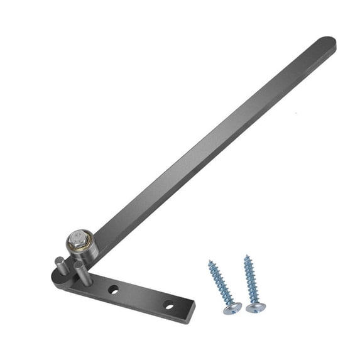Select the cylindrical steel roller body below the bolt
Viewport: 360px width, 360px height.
click(82, 253)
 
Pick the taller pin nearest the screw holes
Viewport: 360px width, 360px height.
click(80, 274)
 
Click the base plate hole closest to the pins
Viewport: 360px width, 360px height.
click(114, 290)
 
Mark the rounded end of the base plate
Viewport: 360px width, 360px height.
click(57, 277)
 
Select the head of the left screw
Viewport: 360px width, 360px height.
click(233, 308)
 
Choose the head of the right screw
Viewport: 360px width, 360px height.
click(254, 308)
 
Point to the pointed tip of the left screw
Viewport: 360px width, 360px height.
click(210, 262)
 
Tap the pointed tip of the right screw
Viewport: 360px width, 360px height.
click(246, 256)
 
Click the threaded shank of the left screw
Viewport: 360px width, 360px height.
click(221, 284)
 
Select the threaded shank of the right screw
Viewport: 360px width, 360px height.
click(250, 281)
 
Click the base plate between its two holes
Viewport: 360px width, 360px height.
click(141, 297)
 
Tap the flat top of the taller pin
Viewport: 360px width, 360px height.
click(79, 265)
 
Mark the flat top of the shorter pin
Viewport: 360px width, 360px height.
click(58, 259)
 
